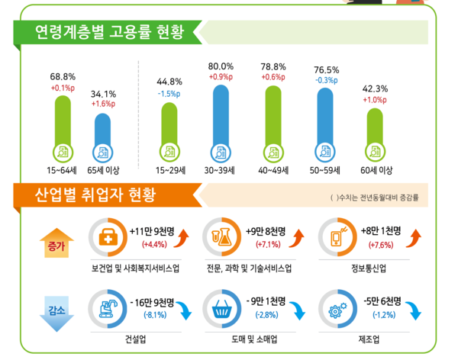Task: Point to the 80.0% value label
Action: pyautogui.click(x=221, y=66)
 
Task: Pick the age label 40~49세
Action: pyautogui.click(x=273, y=170)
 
